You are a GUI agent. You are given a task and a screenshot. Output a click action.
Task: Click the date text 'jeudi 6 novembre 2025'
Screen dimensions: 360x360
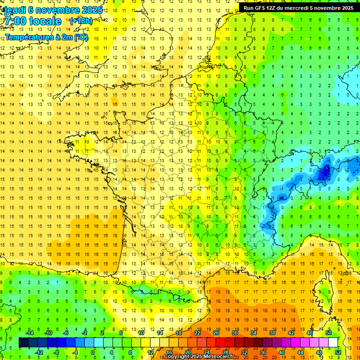point(52,10)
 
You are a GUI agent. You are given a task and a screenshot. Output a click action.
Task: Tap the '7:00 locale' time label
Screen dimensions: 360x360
point(32,21)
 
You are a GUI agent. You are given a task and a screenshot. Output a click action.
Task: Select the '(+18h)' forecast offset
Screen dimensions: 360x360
point(81,21)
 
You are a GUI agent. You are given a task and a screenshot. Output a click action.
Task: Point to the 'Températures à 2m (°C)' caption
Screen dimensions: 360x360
point(46,37)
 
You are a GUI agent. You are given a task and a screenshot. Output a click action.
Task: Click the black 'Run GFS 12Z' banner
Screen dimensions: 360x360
point(299,8)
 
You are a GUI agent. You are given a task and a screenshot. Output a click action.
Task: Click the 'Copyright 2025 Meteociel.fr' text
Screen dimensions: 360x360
point(199,357)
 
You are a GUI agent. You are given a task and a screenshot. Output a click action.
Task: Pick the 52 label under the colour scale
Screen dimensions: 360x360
point(337,352)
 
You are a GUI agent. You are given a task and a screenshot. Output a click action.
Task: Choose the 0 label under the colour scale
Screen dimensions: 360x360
point(93,352)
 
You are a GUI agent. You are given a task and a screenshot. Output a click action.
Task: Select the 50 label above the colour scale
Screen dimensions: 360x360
point(328,333)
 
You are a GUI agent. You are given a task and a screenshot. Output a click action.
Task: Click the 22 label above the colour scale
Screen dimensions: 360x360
point(197,333)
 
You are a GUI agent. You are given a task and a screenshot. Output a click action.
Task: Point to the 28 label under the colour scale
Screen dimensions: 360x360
point(225,352)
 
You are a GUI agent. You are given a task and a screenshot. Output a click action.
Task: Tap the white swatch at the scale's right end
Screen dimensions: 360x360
point(333,343)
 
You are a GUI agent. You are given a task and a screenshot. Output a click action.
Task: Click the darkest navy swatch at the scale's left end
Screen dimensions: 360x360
point(23,343)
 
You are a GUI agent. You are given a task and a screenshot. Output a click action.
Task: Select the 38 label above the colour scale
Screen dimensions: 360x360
point(272,333)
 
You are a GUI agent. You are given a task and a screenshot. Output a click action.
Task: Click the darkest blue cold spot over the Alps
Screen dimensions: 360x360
point(323,173)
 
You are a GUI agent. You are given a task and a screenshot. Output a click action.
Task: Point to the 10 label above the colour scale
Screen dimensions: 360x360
point(141,333)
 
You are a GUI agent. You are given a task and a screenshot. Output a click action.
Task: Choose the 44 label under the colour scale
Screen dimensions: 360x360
point(300,352)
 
